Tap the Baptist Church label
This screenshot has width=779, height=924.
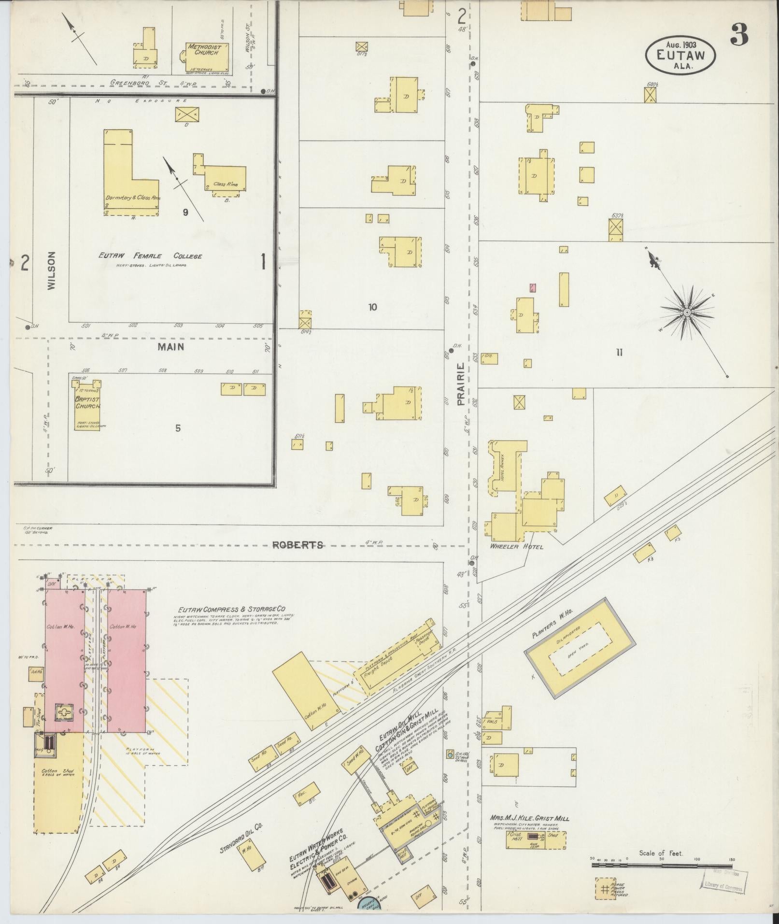[x=87, y=403]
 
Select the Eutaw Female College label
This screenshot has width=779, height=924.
[x=150, y=256]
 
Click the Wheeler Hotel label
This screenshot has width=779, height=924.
[x=516, y=546]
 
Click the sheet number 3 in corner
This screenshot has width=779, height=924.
[x=739, y=34]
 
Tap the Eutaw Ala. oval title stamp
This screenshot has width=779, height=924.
[x=680, y=56]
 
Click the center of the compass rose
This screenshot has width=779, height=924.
[x=686, y=313]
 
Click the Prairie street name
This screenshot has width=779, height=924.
[x=461, y=384]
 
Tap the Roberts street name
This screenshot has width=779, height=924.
[x=297, y=545]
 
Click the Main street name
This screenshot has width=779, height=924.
[x=170, y=346]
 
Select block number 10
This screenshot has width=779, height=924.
[x=372, y=307]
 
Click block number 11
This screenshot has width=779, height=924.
[x=619, y=353]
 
